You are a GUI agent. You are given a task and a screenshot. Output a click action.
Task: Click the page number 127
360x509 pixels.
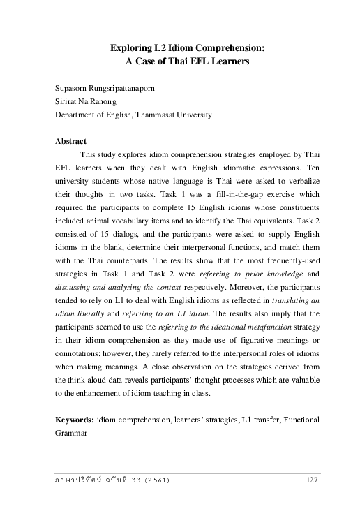coord(313,480)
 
